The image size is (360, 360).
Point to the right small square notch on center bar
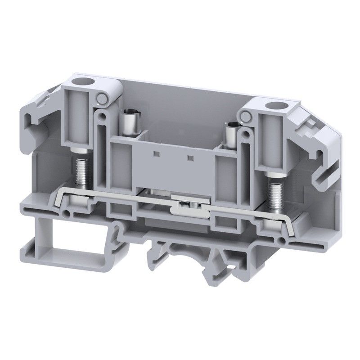(190, 158)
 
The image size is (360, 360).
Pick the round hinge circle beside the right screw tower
(246, 117)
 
